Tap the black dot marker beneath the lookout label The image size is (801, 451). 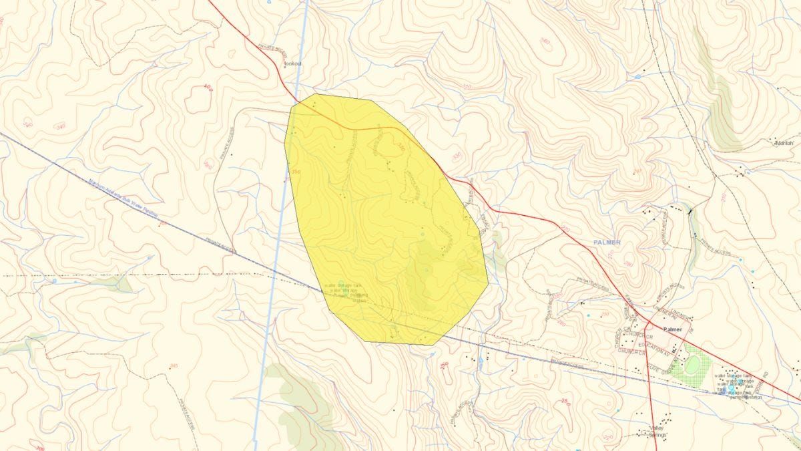[285, 67]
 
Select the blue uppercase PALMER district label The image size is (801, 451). [605, 242]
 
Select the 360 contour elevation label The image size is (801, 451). [546, 42]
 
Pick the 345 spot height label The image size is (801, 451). [174, 365]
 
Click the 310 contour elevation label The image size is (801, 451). [466, 86]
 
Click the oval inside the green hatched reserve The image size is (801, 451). [693, 365]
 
